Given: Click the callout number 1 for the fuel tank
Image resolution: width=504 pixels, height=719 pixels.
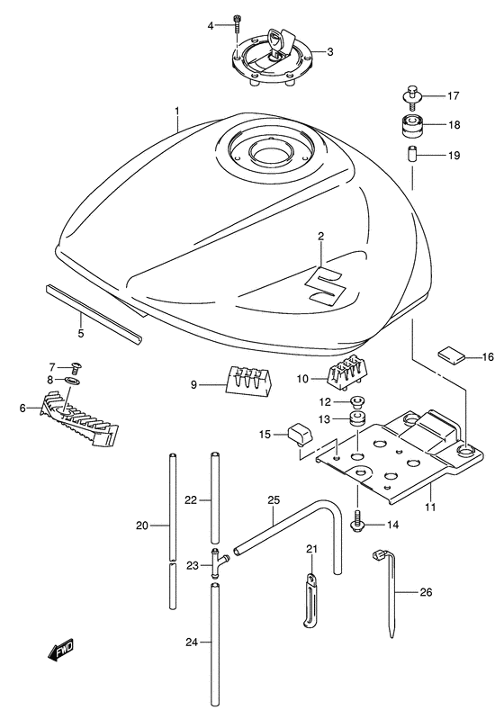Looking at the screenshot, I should pyautogui.click(x=177, y=112).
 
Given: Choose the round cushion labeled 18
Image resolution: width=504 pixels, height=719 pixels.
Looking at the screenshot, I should pyautogui.click(x=409, y=125).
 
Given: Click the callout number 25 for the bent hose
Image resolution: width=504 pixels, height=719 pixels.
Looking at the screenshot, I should pyautogui.click(x=274, y=499).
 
